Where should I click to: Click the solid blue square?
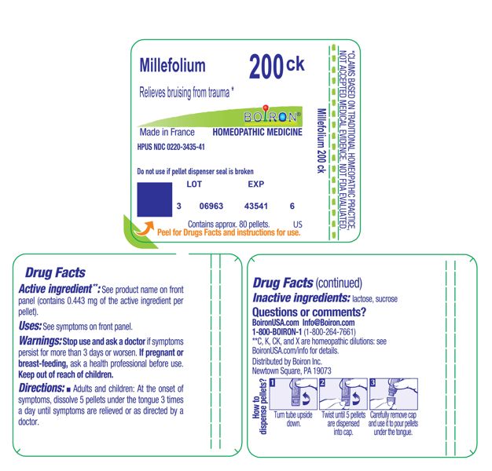(154, 199)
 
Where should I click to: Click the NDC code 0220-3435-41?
(171, 148)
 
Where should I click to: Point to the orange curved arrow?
(144, 229)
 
